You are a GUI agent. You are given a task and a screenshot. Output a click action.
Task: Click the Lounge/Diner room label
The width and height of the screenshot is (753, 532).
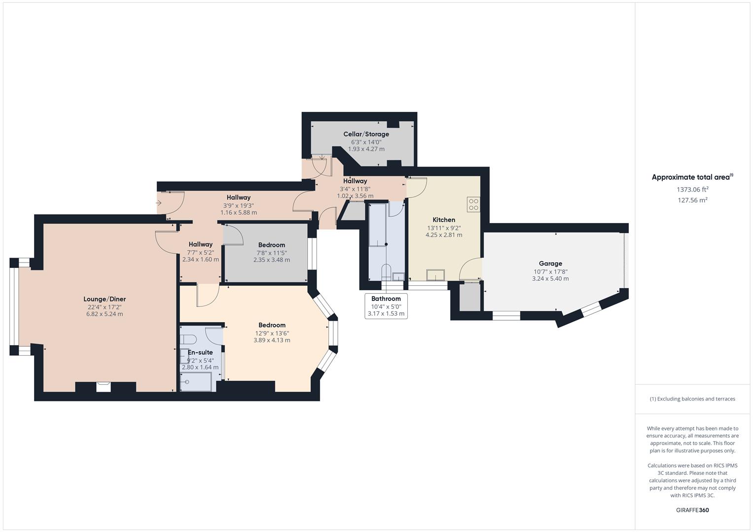click(105, 299)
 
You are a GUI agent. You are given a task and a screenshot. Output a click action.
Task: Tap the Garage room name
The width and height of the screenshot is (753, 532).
click(551, 264)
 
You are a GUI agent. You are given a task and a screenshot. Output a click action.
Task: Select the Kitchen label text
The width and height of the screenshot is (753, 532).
click(444, 220)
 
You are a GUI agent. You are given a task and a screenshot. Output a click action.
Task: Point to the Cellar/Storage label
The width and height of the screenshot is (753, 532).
click(366, 134)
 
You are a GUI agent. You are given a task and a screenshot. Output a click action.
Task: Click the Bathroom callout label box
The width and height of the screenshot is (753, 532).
click(386, 306)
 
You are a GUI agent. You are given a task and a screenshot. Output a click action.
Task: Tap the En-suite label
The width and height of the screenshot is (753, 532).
click(200, 352)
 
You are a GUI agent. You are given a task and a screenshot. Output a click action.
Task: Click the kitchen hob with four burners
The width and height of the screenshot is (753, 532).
click(473, 204)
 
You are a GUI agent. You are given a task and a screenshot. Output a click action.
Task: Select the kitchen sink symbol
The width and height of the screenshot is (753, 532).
click(435, 275)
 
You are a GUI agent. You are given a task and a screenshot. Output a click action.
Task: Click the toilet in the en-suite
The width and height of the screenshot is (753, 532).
click(188, 339)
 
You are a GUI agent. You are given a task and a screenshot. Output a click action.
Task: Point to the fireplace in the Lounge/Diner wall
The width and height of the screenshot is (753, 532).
click(103, 387)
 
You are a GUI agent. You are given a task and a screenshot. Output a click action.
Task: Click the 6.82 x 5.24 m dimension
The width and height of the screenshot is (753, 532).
click(105, 314)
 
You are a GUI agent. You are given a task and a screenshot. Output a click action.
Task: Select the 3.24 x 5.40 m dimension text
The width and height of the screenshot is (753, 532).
click(551, 279)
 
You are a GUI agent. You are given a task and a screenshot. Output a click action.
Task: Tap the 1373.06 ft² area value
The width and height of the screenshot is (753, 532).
click(692, 190)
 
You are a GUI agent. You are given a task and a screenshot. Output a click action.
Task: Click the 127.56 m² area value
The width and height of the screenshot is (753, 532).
click(692, 200)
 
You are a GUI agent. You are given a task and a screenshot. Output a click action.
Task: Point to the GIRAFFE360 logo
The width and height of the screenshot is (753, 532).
click(692, 510)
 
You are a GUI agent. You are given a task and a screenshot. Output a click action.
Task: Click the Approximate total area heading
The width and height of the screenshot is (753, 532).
click(692, 177)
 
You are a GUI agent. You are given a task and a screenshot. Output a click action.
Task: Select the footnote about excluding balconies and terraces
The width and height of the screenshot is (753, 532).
click(692, 399)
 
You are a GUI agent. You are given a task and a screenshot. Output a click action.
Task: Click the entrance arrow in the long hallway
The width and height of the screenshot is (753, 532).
click(159, 203)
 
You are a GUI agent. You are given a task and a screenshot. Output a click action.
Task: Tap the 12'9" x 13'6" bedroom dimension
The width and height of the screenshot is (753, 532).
click(272, 333)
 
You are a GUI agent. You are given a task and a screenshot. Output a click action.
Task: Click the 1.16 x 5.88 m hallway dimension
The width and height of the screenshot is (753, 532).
click(239, 213)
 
